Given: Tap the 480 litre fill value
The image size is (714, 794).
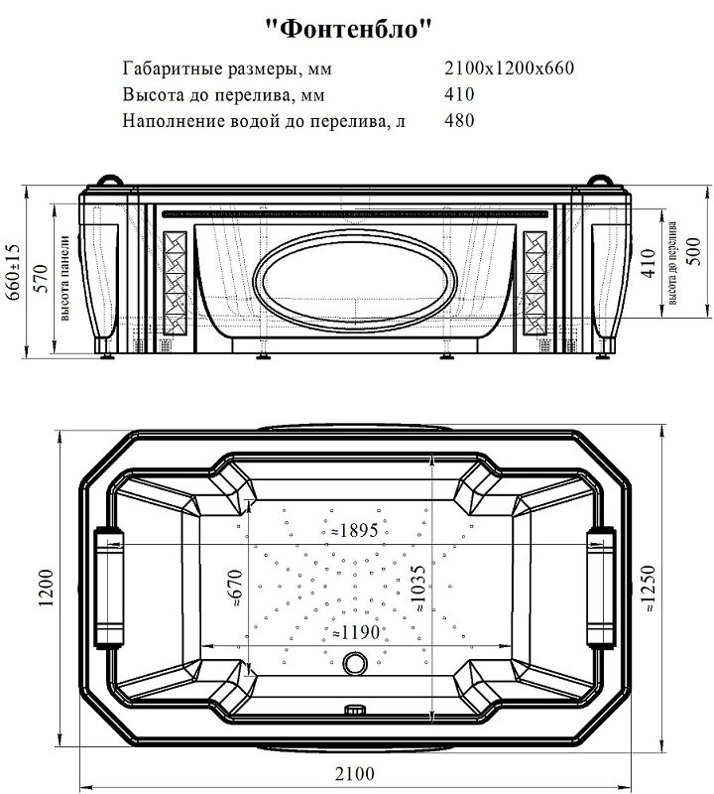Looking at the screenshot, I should [x=460, y=121].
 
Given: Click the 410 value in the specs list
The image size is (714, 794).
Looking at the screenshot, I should [x=460, y=95].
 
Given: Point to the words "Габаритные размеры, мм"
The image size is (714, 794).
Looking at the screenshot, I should [x=227, y=69].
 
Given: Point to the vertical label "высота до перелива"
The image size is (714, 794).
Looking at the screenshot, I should [x=673, y=261].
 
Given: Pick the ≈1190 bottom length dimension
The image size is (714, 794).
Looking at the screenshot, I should [x=355, y=632].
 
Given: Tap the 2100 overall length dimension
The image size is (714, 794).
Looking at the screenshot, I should [x=355, y=774].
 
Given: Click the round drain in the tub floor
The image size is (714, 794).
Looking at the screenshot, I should [x=354, y=664].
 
